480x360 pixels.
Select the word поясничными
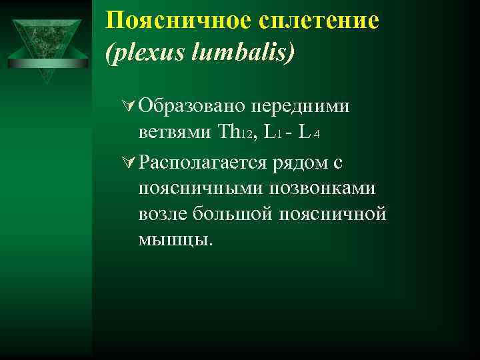pos(200,189)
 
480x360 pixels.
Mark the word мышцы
pos(175,240)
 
